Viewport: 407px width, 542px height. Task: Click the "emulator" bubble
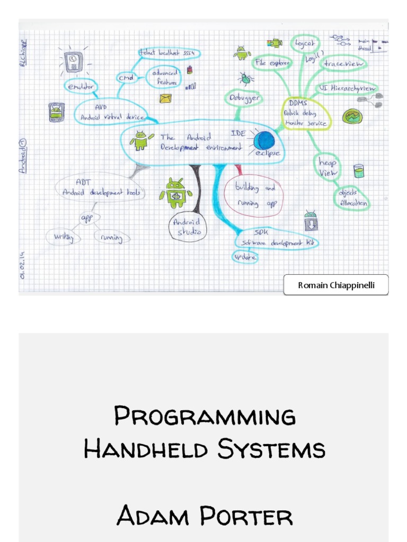click(x=81, y=85)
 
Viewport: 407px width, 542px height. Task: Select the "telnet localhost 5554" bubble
click(x=169, y=53)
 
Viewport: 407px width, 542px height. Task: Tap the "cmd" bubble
click(x=126, y=78)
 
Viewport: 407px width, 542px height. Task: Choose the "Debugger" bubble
click(x=244, y=98)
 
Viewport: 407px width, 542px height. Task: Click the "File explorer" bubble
click(x=271, y=63)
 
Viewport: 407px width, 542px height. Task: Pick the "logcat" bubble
click(x=305, y=43)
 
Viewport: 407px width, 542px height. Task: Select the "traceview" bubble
click(x=342, y=64)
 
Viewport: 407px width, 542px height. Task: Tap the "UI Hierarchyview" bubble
click(x=347, y=88)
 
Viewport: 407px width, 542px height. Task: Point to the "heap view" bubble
click(x=328, y=167)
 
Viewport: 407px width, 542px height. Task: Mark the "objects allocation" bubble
click(x=352, y=198)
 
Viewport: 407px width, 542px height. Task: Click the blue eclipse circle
click(x=264, y=141)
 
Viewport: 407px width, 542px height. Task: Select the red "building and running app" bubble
click(x=255, y=195)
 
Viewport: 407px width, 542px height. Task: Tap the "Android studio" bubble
click(x=188, y=228)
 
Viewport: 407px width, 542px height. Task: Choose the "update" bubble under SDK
click(x=245, y=257)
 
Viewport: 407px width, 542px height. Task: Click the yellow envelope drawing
click(x=166, y=98)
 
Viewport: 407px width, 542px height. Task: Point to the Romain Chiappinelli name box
click(x=335, y=285)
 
